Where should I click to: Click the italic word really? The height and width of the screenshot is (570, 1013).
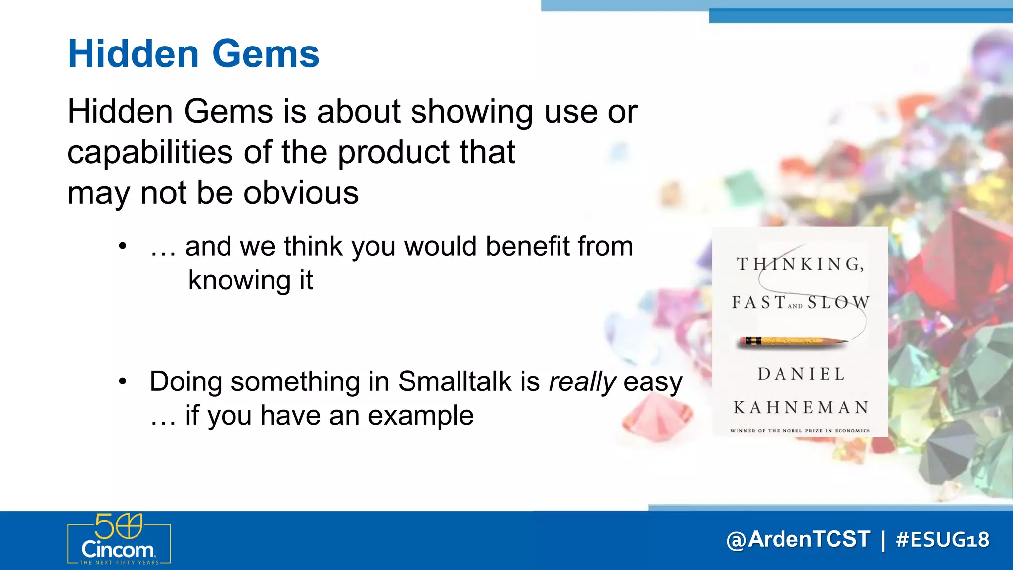(582, 382)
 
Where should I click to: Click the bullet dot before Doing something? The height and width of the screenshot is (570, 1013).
(123, 381)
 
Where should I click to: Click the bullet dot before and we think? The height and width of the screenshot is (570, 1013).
(123, 246)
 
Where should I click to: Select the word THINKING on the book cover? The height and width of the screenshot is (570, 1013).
(800, 264)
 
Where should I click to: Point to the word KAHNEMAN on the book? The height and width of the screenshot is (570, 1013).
(801, 408)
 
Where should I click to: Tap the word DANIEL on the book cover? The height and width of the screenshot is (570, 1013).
(801, 374)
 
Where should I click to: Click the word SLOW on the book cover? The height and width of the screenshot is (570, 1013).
(838, 302)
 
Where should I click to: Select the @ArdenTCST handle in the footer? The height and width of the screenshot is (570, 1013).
(798, 540)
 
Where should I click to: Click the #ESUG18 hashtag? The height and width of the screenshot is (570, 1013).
(942, 540)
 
